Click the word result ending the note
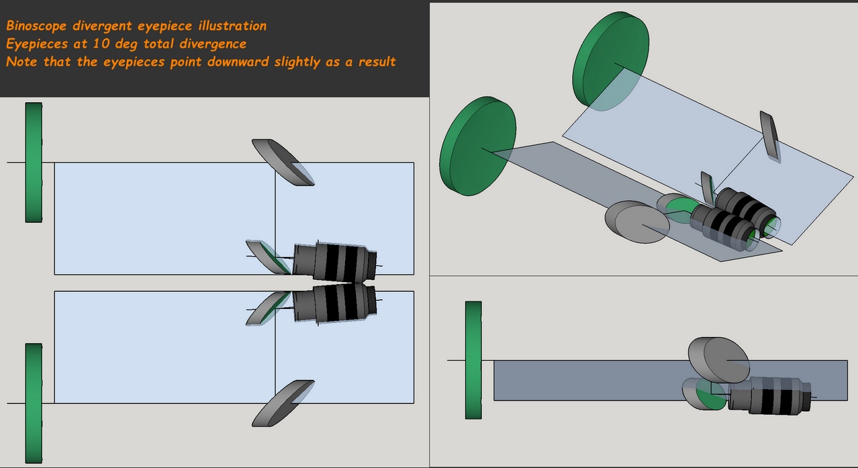[x=377, y=62]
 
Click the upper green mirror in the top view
[x=34, y=162]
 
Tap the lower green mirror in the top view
[x=34, y=403]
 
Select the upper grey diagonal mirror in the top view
[x=283, y=162]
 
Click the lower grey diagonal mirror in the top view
[x=283, y=403]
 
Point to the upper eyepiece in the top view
[x=336, y=261]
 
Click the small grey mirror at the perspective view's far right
[x=771, y=136]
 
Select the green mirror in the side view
[x=474, y=360]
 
